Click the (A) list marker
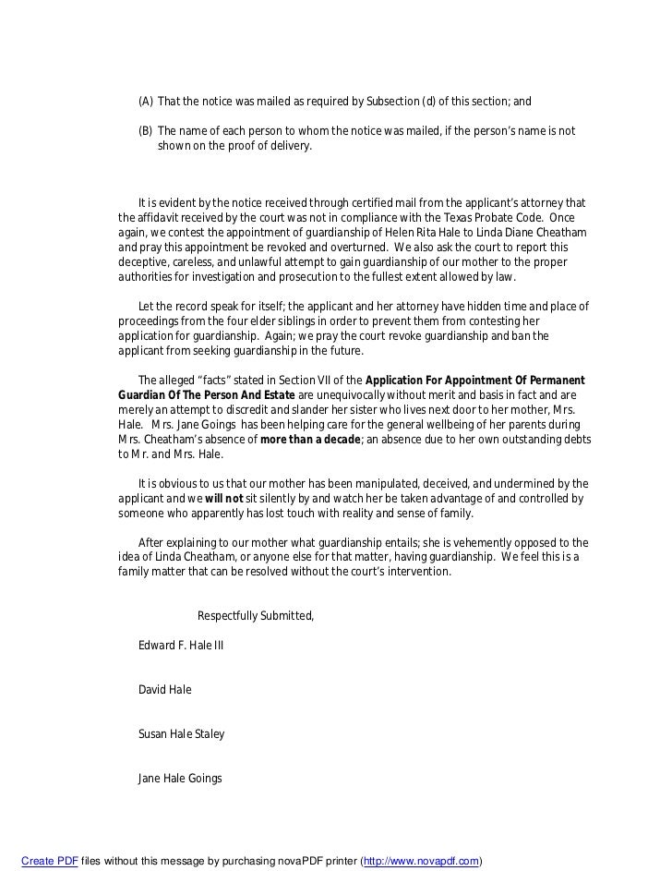pyautogui.click(x=146, y=102)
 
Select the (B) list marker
pyautogui.click(x=146, y=131)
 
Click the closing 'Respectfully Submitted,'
pyautogui.click(x=256, y=616)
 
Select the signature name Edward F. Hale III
pyautogui.click(x=181, y=646)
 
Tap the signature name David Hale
pyautogui.click(x=165, y=690)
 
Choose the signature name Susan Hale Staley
pyautogui.click(x=181, y=734)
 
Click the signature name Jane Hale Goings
pyautogui.click(x=180, y=779)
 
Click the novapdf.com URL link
pyautogui.click(x=422, y=861)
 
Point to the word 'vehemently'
pyautogui.click(x=475, y=542)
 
